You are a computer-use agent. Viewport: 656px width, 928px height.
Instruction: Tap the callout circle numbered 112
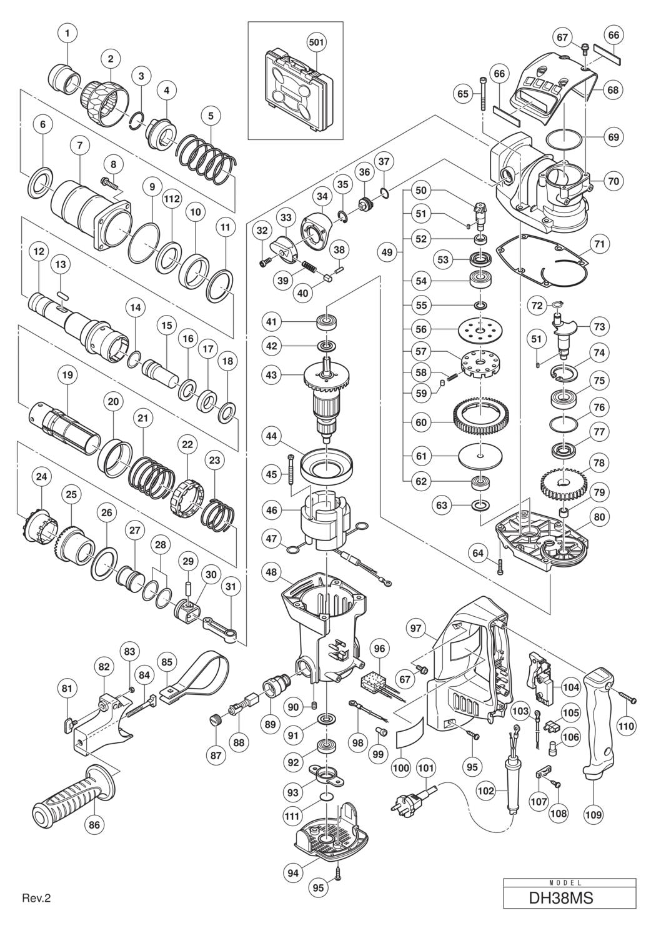click(x=172, y=198)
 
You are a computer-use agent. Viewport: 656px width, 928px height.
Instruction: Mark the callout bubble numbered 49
click(x=388, y=252)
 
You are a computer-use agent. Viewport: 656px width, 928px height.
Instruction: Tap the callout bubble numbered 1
click(x=67, y=31)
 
